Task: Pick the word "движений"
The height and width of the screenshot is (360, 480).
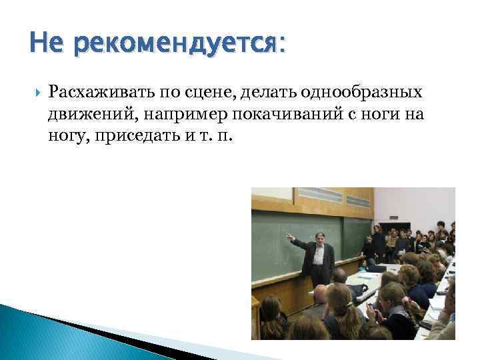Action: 84,115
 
